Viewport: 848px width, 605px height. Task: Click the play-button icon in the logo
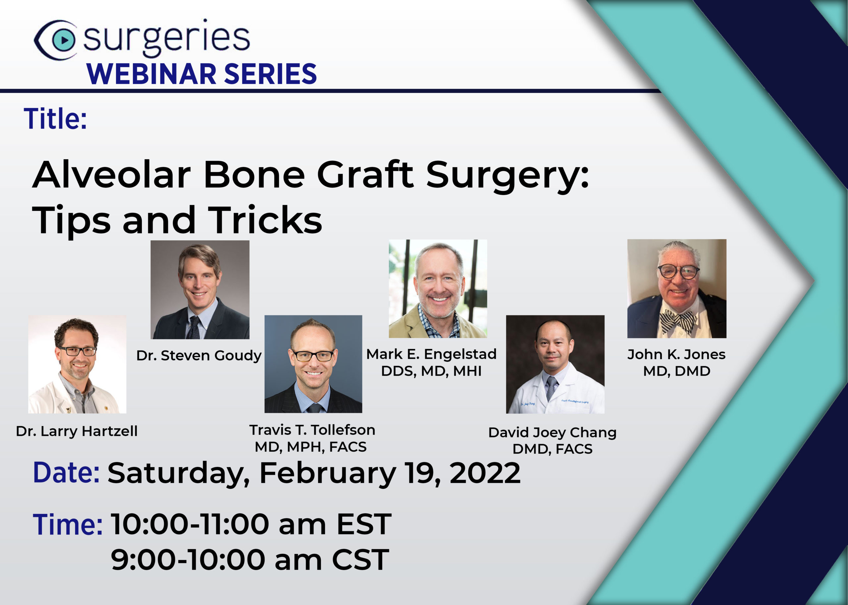pos(64,40)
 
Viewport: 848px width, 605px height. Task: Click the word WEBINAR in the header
pos(151,74)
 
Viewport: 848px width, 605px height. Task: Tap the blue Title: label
pos(55,118)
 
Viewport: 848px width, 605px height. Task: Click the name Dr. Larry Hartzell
pos(77,431)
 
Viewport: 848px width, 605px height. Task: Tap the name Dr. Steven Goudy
pos(199,355)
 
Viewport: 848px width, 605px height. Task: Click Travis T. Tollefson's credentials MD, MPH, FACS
pos(310,447)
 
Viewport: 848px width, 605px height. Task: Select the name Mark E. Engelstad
pos(431,354)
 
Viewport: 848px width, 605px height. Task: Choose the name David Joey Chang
pos(553,433)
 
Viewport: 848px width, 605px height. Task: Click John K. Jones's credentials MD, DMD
pos(676,371)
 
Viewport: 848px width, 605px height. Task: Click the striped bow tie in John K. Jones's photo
pos(677,320)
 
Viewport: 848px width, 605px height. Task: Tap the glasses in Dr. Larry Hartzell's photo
pos(78,351)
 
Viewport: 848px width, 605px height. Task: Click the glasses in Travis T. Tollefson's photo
pos(313,356)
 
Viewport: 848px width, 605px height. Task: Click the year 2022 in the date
pos(485,473)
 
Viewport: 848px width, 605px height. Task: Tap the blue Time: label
pos(68,525)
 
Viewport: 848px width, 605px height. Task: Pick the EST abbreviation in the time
pos(364,524)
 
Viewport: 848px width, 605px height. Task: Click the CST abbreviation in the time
pos(360,560)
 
